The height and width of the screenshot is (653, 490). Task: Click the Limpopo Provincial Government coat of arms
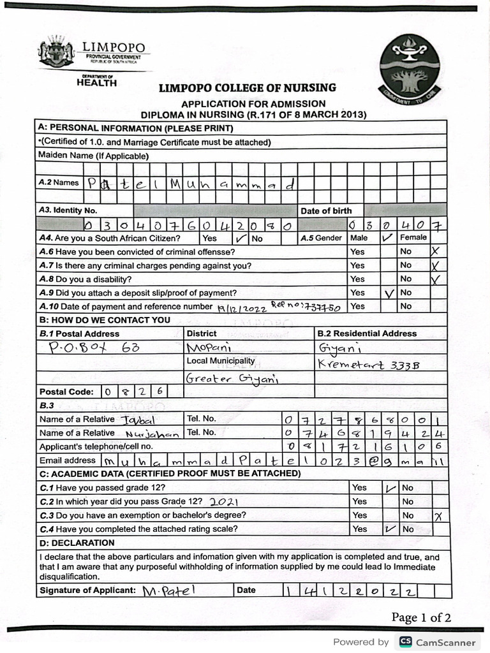(x=56, y=52)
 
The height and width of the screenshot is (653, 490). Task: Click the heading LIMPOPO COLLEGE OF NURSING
(x=247, y=88)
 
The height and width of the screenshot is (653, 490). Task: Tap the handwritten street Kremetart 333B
(x=359, y=363)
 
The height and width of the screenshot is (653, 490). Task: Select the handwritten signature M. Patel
(x=168, y=591)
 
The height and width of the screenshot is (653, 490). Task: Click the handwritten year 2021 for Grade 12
(x=223, y=502)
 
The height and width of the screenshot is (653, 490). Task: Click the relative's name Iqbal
(x=137, y=420)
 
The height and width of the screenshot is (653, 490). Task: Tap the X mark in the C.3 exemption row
(x=438, y=516)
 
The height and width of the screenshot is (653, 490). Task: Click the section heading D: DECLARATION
(x=77, y=543)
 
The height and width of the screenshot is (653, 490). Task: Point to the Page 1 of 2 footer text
(x=421, y=617)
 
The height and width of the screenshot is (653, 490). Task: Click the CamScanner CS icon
(x=405, y=642)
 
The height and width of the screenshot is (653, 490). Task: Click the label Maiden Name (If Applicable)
(x=93, y=155)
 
